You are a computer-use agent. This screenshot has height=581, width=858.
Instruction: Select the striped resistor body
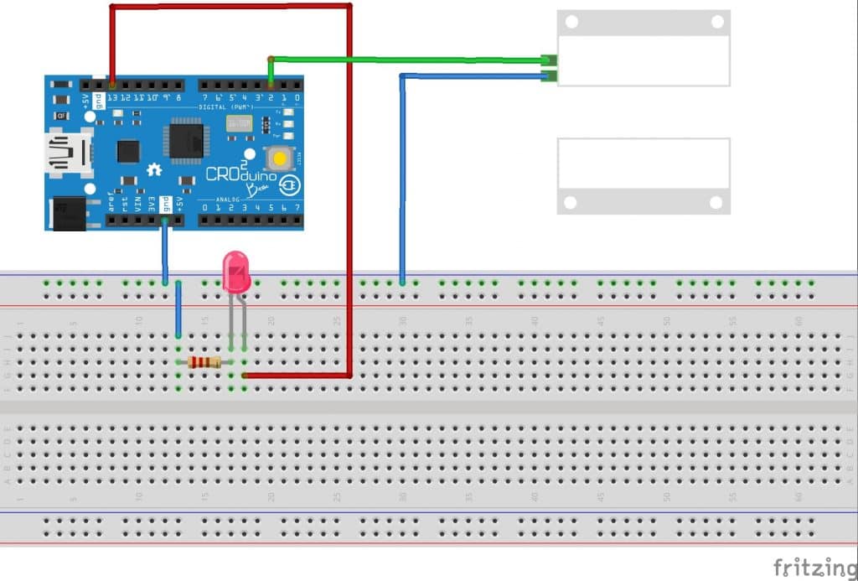click(204, 362)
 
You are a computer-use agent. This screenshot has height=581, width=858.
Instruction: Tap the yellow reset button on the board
click(278, 158)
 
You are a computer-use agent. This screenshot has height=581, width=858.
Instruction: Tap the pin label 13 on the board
click(111, 98)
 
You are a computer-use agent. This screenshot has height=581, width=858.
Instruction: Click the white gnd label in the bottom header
click(166, 204)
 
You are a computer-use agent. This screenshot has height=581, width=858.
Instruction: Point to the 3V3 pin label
click(152, 205)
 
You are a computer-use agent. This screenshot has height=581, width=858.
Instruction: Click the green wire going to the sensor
click(402, 60)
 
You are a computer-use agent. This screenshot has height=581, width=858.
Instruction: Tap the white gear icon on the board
click(154, 170)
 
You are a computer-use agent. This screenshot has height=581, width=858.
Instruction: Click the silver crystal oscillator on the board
click(238, 124)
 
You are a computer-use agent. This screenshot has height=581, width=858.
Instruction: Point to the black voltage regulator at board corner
click(70, 212)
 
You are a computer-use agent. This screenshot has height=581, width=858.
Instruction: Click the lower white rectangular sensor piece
click(643, 175)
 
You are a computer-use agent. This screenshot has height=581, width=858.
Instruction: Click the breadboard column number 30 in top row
click(403, 319)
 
